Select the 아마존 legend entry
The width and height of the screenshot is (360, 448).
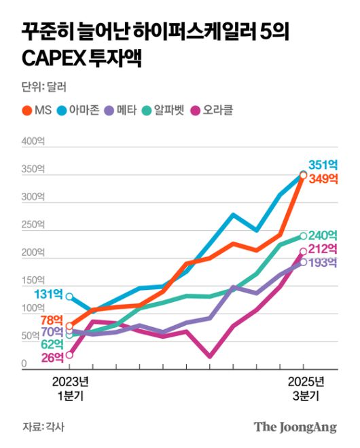85,110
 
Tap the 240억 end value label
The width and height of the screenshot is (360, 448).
323,236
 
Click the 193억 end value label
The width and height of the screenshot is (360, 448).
323,263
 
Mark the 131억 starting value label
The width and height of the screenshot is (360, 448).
48,294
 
